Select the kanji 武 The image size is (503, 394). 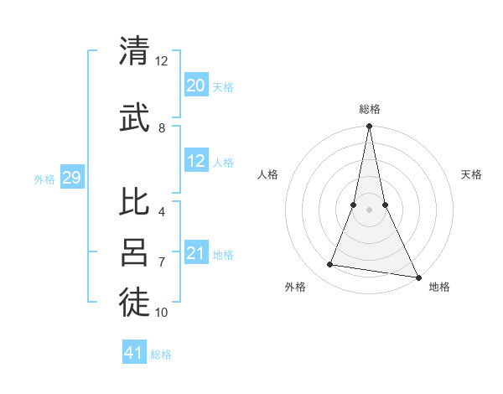[134, 117]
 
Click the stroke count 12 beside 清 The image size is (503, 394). [162, 61]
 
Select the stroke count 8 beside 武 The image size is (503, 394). [162, 128]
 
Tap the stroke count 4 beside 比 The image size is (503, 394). [162, 212]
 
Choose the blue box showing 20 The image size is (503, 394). [195, 85]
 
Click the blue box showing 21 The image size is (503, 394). [195, 253]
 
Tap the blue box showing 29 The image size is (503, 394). [71, 177]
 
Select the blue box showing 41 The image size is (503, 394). [134, 353]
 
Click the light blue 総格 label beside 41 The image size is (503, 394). [162, 355]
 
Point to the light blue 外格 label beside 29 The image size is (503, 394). [44, 179]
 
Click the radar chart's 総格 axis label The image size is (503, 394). [369, 109]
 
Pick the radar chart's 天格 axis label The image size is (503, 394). [471, 174]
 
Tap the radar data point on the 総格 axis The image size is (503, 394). [369, 127]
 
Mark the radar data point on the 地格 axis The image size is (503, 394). [417, 277]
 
